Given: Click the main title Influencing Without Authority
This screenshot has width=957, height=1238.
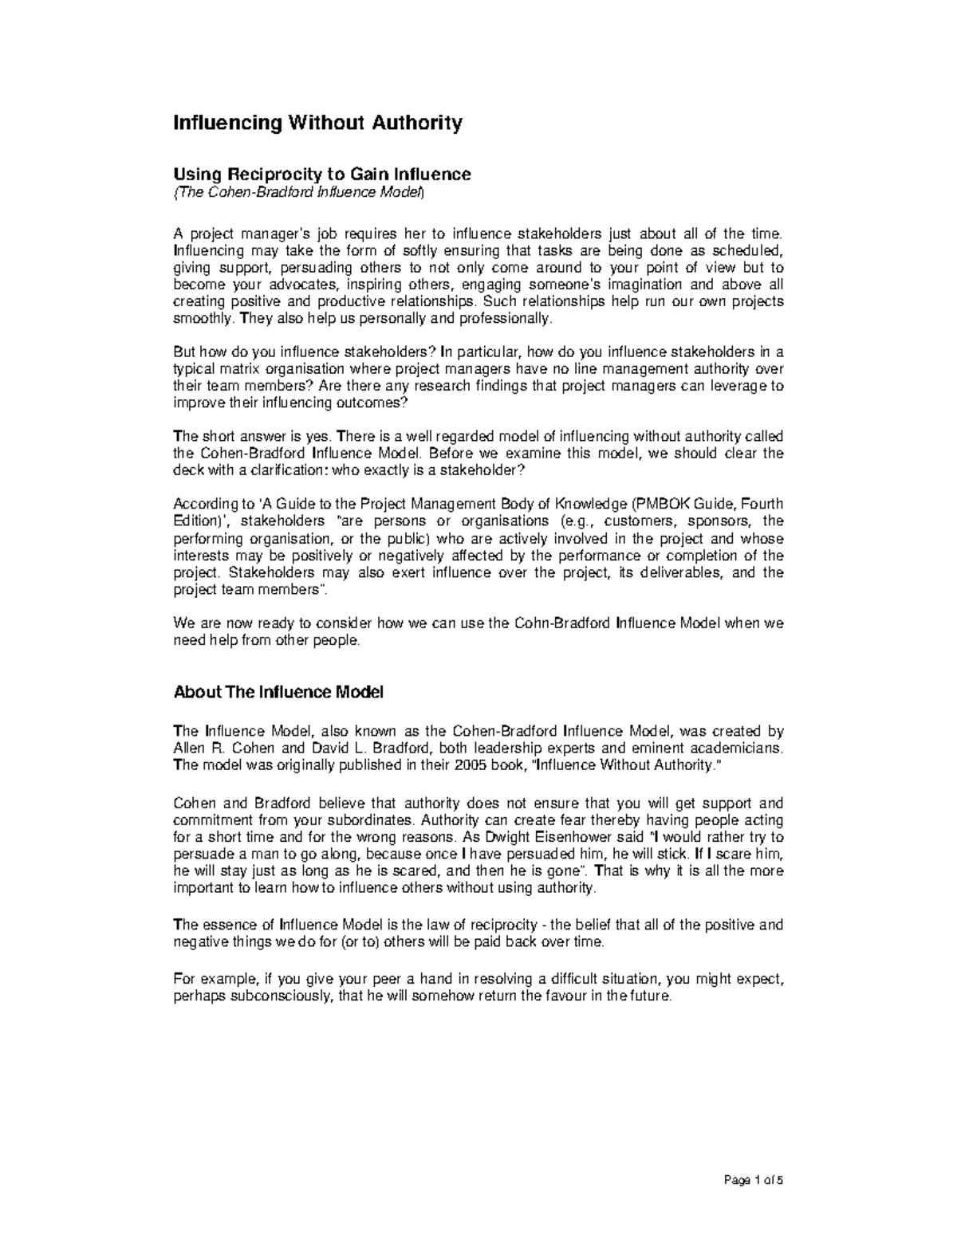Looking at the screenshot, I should click(318, 124).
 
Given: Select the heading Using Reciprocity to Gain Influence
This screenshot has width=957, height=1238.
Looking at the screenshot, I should click(322, 174).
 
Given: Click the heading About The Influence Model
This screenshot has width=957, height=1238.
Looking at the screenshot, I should click(278, 692).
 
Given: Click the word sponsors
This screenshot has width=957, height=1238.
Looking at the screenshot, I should click(715, 521).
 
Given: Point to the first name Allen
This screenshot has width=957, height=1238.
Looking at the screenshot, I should click(189, 748).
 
